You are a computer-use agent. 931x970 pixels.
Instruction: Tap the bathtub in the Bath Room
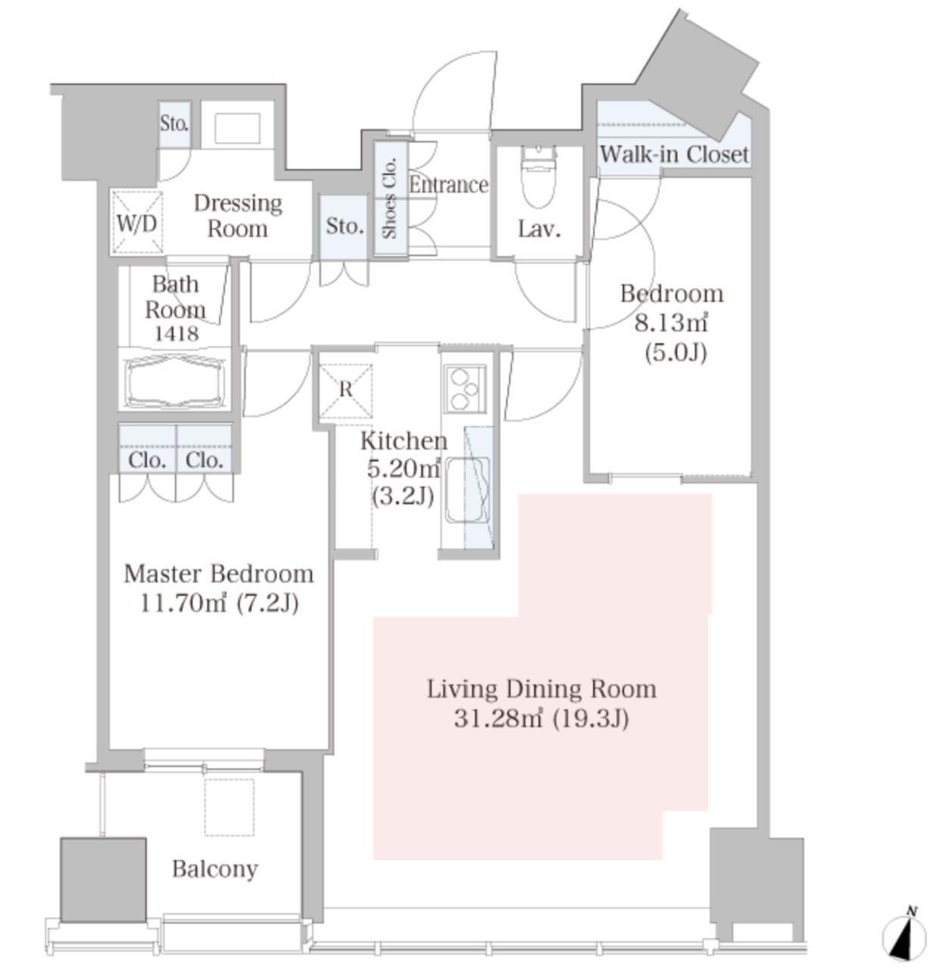coord(175,382)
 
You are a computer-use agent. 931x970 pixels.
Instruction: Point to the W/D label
coord(136,224)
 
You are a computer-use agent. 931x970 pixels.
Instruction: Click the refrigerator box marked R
coord(345,390)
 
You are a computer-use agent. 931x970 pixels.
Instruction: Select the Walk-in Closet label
coord(674,155)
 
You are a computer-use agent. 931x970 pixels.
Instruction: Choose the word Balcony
coord(215,868)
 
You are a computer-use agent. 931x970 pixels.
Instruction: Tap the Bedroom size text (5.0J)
coord(676,353)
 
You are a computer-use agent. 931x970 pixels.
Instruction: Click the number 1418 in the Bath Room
coord(177,333)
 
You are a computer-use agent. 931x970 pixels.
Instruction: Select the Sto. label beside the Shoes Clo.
coord(345,227)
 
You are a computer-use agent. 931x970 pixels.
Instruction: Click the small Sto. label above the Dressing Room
coord(174,123)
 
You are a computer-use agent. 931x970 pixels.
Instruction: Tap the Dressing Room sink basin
coord(237,128)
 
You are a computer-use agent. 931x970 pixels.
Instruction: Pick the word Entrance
coord(448,185)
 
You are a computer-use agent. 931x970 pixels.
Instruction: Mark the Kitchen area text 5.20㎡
coord(404,468)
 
